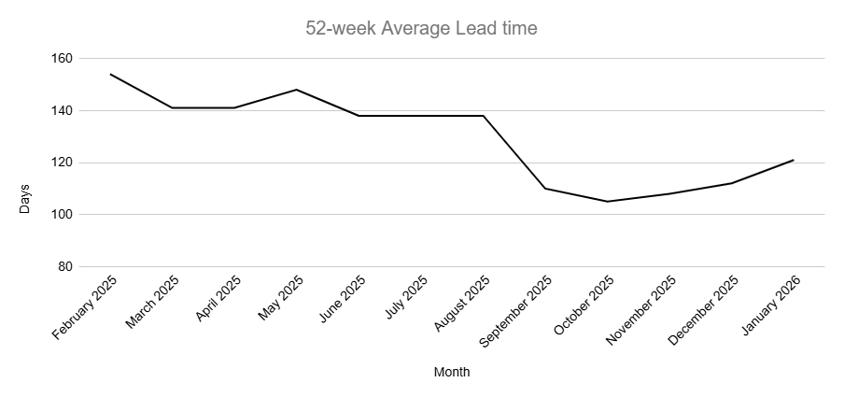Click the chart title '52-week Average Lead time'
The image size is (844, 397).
(421, 28)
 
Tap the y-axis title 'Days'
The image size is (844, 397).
(25, 199)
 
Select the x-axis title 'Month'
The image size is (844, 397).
(452, 372)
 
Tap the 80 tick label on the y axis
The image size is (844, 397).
(64, 267)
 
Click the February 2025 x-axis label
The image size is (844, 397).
(86, 307)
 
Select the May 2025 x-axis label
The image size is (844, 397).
(281, 296)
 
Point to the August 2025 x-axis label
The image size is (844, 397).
(461, 304)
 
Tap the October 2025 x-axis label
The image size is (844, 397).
(584, 305)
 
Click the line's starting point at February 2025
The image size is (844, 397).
(111, 74)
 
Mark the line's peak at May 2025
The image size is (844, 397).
(297, 90)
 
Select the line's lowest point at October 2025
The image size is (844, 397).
(607, 202)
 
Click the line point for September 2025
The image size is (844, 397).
(545, 189)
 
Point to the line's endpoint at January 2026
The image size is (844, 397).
(793, 160)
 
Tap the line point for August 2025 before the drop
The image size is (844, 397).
(483, 116)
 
